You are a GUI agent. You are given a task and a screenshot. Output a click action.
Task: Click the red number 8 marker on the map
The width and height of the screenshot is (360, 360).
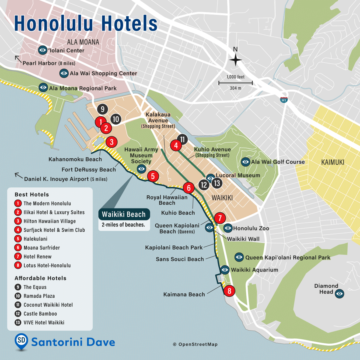click(229, 291)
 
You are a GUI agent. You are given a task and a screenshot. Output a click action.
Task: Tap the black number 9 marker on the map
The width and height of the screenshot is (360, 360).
click(103, 109)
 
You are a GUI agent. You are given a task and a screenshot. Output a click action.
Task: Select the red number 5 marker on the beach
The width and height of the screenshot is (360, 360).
click(153, 176)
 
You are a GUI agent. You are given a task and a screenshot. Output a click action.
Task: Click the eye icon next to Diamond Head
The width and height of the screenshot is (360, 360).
click(339, 293)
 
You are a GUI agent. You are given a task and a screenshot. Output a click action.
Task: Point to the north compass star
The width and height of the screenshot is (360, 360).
click(235, 60)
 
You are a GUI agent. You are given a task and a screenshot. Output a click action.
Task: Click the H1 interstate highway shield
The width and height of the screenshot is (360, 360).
click(284, 100)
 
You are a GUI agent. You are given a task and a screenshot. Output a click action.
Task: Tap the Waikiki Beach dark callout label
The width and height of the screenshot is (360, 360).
click(124, 214)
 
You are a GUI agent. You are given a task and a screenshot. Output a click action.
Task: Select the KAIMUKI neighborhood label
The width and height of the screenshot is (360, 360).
click(333, 162)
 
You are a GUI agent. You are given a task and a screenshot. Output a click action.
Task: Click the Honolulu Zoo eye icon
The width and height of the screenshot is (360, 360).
click(228, 228)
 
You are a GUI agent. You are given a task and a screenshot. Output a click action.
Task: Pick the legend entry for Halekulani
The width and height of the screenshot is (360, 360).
click(35, 239)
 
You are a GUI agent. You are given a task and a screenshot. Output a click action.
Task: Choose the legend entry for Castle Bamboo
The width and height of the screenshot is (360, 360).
click(40, 313)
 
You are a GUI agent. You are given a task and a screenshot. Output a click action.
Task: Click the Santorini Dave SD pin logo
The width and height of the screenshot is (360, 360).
click(21, 341)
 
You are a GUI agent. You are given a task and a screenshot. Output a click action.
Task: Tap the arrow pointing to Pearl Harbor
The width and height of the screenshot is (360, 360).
click(18, 58)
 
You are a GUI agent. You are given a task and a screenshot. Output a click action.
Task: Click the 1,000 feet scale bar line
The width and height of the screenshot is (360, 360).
click(235, 82)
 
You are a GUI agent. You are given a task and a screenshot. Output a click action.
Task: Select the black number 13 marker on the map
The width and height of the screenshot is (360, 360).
click(217, 183)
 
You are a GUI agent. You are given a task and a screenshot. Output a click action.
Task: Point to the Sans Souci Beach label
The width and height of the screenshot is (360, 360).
click(180, 259)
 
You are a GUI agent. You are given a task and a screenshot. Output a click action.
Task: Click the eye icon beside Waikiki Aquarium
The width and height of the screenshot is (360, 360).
click(225, 270)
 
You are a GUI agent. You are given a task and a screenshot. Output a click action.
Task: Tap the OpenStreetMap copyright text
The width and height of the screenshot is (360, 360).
click(195, 344)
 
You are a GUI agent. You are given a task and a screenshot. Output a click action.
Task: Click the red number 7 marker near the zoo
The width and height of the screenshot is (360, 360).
click(220, 218)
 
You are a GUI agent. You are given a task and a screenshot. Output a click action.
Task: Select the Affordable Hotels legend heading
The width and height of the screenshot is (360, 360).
click(40, 278)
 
